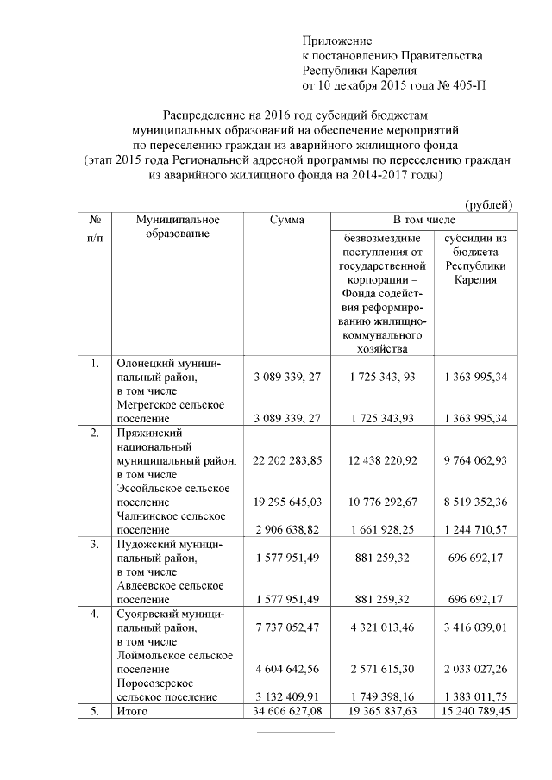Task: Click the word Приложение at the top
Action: point(336,41)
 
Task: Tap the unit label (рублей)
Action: point(489,204)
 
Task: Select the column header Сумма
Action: point(286,221)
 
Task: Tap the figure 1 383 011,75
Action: point(476,696)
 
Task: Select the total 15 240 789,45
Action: point(476,712)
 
